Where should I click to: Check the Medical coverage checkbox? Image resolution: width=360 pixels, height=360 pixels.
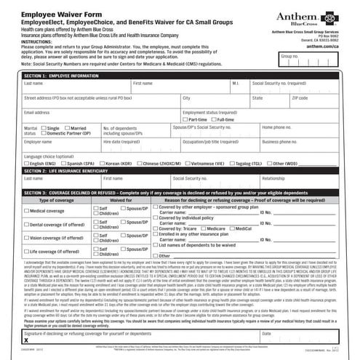tap(26, 210)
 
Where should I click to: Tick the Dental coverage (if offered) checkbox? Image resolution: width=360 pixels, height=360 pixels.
tap(26, 224)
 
